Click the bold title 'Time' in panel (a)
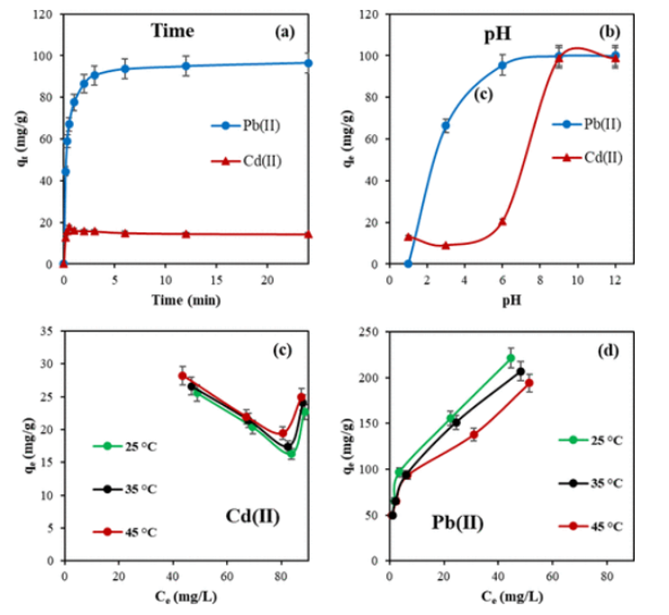pyautogui.click(x=172, y=31)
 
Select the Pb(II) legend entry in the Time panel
pyautogui.click(x=254, y=125)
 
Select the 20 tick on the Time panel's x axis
pyautogui.click(x=267, y=279)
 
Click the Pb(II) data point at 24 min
pyautogui.click(x=308, y=63)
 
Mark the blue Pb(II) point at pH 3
pyautogui.click(x=445, y=126)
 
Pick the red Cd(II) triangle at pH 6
pyautogui.click(x=502, y=222)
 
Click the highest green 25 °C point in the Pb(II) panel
pyautogui.click(x=511, y=357)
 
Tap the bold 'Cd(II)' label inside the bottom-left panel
pyautogui.click(x=252, y=516)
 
